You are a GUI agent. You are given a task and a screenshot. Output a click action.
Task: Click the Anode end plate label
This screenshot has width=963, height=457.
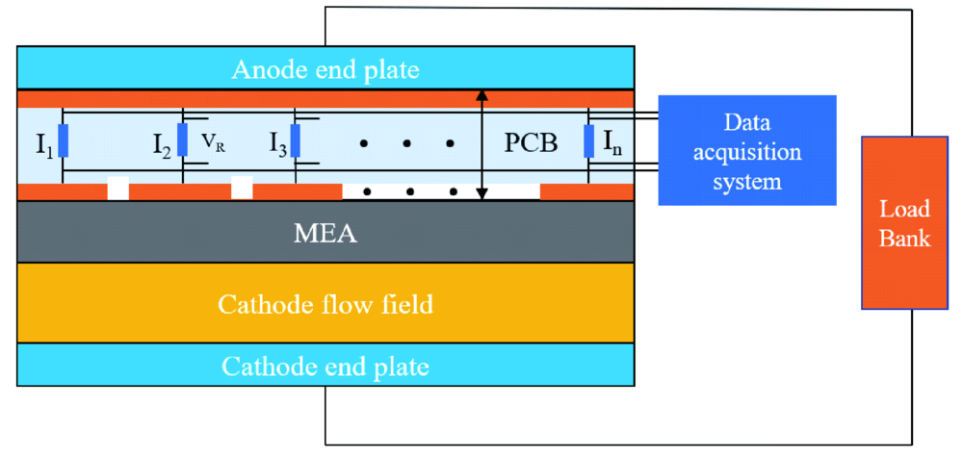click(325, 70)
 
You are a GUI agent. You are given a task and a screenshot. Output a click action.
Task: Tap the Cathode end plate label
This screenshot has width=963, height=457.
click(325, 367)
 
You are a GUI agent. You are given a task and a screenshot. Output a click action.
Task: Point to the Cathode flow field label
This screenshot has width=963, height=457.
click(325, 306)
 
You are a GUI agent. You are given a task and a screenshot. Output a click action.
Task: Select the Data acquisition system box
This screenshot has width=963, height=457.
click(746, 150)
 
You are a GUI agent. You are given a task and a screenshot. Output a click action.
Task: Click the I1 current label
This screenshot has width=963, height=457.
click(43, 145)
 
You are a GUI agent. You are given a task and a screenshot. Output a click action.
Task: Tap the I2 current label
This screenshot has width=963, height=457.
click(162, 145)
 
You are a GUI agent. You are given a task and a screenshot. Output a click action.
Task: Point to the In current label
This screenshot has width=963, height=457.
click(613, 144)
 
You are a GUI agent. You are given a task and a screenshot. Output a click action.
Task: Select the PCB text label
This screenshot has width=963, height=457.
click(531, 144)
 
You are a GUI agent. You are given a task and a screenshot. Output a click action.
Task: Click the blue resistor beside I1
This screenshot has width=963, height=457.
click(63, 140)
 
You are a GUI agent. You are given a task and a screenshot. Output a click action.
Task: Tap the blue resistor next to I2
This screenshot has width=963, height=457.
click(181, 140)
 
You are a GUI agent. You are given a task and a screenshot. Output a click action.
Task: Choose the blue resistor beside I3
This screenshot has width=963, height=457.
click(296, 140)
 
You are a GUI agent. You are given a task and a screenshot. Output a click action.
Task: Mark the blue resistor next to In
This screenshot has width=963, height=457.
click(588, 140)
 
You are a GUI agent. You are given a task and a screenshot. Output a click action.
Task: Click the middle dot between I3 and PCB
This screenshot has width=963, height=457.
click(406, 144)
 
